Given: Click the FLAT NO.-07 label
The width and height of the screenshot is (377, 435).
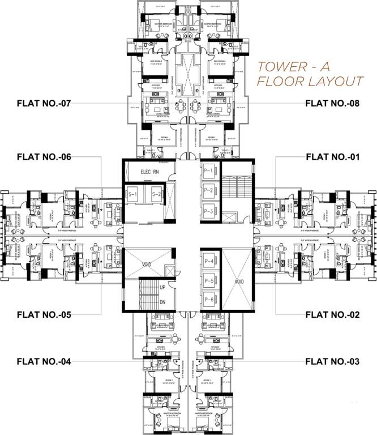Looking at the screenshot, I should pyautogui.click(x=44, y=103).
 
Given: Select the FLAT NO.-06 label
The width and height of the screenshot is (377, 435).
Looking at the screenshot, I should pyautogui.click(x=44, y=156).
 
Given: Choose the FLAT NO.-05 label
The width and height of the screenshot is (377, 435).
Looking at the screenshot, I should pyautogui.click(x=44, y=313).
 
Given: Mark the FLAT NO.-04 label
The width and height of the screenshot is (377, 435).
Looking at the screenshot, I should pyautogui.click(x=44, y=360).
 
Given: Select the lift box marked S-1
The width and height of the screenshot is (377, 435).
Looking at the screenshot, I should pyautogui.click(x=134, y=194).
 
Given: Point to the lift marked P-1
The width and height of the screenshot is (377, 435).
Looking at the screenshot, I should pyautogui.click(x=208, y=170).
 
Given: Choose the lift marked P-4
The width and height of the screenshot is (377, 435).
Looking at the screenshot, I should pyautogui.click(x=208, y=261).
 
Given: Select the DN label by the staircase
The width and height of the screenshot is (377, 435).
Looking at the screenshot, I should pyautogui.click(x=163, y=302).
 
